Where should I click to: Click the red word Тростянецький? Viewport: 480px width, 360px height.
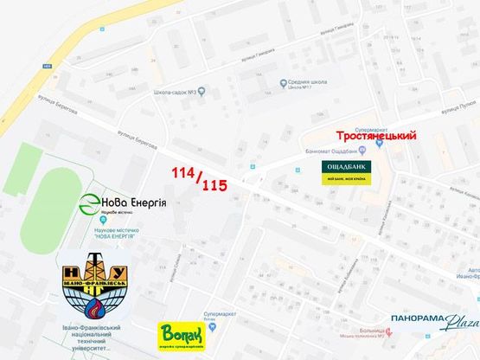tap(376, 137)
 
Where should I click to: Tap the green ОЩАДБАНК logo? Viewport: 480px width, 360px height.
tap(347, 170)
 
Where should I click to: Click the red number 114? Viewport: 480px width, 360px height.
tap(182, 172)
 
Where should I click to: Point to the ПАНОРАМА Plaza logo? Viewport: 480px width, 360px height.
tap(433, 321)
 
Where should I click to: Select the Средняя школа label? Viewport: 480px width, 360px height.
tap(309, 83)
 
